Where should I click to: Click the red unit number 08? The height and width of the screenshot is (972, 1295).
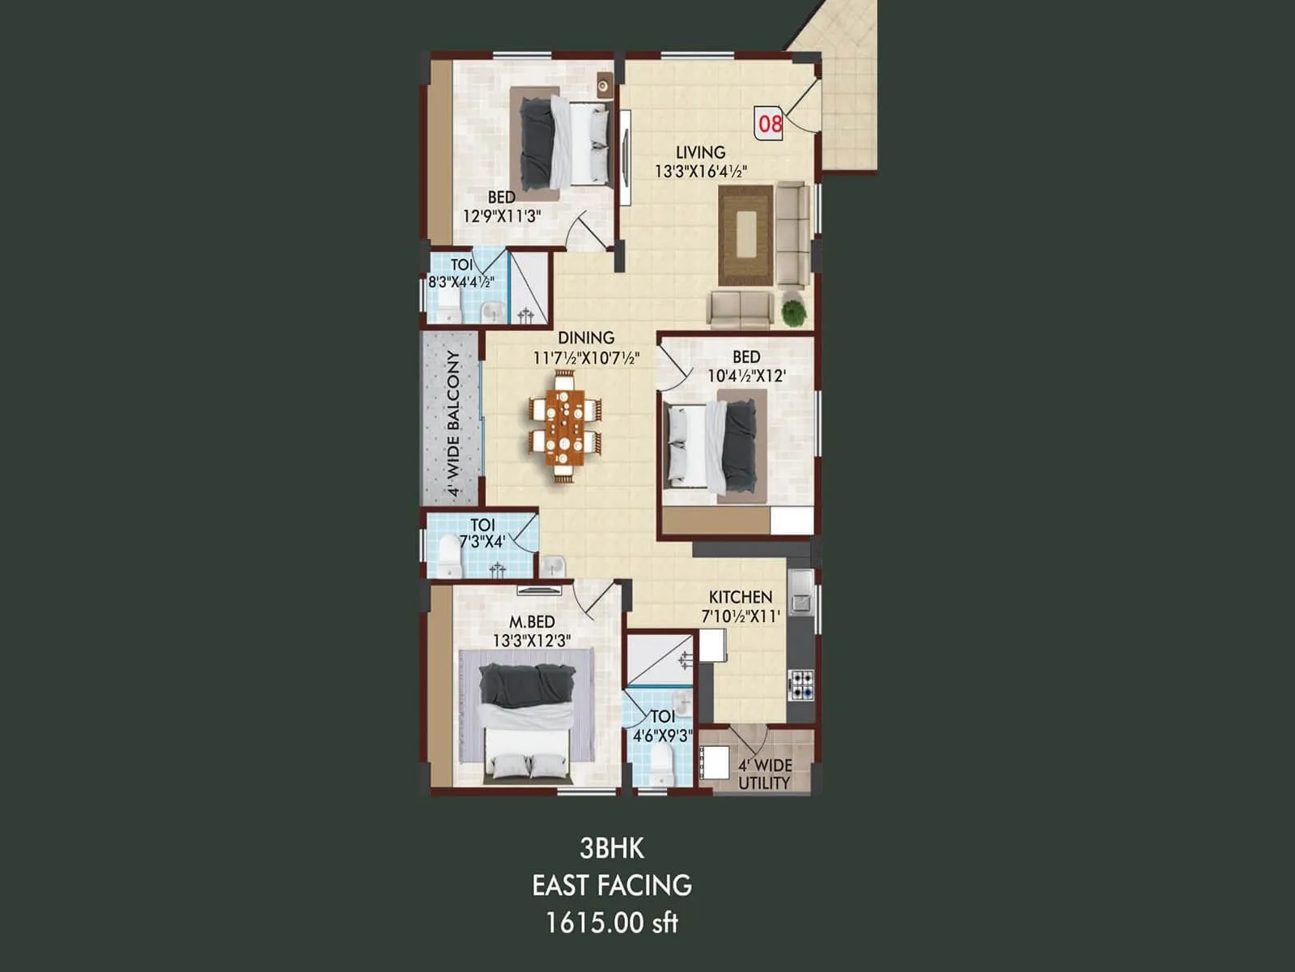click(x=770, y=123)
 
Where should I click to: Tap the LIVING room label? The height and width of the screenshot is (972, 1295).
click(x=700, y=152)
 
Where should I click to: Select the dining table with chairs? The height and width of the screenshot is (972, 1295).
click(x=566, y=428)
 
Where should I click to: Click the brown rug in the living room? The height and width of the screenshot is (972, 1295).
click(x=745, y=234)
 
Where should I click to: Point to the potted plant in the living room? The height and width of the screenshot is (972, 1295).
click(x=794, y=312)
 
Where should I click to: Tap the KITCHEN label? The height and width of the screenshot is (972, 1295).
click(x=740, y=597)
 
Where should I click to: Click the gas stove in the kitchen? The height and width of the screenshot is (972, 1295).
click(x=801, y=684)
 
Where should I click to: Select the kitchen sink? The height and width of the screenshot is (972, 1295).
click(x=802, y=590)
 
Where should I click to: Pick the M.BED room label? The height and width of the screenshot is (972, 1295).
click(x=532, y=622)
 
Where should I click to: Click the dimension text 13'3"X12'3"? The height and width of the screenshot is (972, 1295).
click(x=532, y=640)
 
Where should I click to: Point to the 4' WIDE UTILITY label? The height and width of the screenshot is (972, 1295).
click(x=764, y=774)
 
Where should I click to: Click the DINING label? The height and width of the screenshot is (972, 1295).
click(x=586, y=338)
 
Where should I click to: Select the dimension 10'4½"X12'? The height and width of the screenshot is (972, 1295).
click(x=746, y=376)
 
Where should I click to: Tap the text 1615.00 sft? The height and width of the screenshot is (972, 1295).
click(x=612, y=923)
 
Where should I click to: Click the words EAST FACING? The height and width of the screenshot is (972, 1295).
click(x=612, y=885)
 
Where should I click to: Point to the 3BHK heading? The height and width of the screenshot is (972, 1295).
click(x=612, y=848)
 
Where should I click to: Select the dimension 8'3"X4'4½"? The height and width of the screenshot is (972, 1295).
click(x=461, y=283)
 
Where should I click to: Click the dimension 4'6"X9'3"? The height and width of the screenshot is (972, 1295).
click(x=662, y=735)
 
